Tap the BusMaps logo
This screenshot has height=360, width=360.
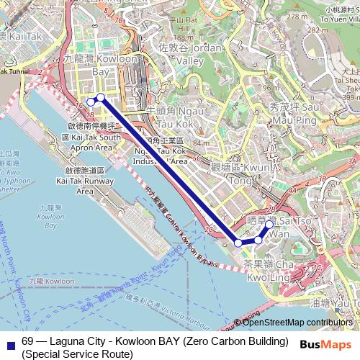click(x=327, y=343)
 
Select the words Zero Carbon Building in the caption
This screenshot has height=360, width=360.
click(x=238, y=341)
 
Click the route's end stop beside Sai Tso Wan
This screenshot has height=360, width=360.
click(x=269, y=225)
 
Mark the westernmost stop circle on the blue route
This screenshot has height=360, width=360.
click(x=91, y=102)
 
